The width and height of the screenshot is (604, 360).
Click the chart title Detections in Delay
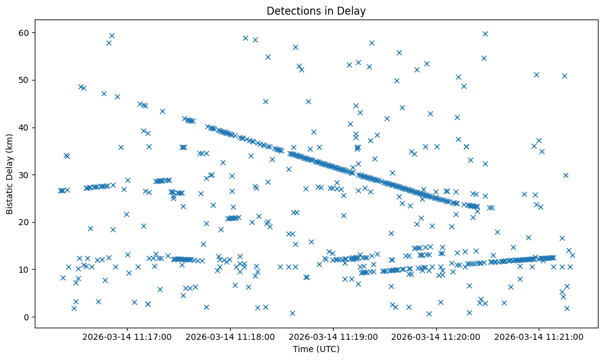(316, 11)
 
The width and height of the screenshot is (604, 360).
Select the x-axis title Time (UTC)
(316, 349)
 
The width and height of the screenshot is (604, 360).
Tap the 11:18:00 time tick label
(231, 336)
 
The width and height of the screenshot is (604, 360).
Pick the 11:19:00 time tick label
(334, 336)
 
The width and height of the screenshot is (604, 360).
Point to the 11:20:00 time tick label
(436, 336)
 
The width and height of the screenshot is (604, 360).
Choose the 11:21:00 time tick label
(539, 336)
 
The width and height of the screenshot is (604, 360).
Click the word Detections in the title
(293, 11)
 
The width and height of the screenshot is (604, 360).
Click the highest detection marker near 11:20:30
(485, 34)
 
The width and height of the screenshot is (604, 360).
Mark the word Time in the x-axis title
(303, 349)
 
